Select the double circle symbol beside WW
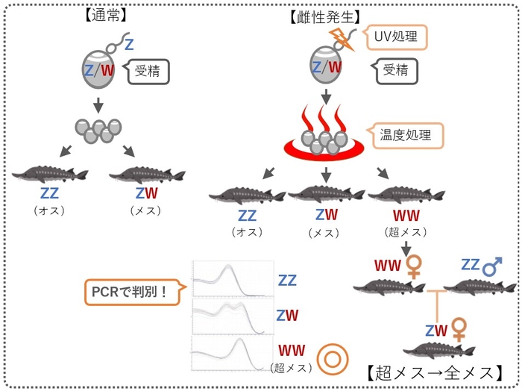(x=329, y=359)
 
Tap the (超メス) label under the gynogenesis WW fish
(x=403, y=232)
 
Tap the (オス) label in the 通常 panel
(x=49, y=210)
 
